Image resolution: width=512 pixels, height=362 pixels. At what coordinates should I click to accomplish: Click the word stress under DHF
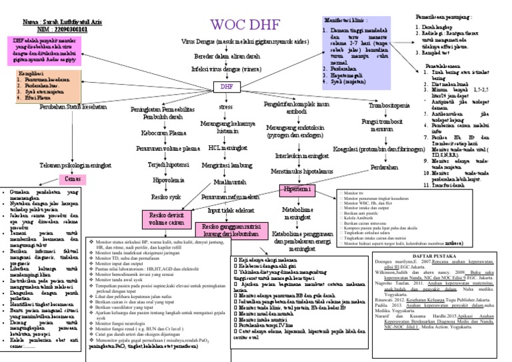[225, 107]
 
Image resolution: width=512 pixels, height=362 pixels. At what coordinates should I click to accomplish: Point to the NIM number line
[48, 29]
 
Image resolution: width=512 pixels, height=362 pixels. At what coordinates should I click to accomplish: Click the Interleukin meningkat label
[297, 155]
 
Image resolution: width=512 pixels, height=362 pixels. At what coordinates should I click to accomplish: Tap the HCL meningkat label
[228, 148]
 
